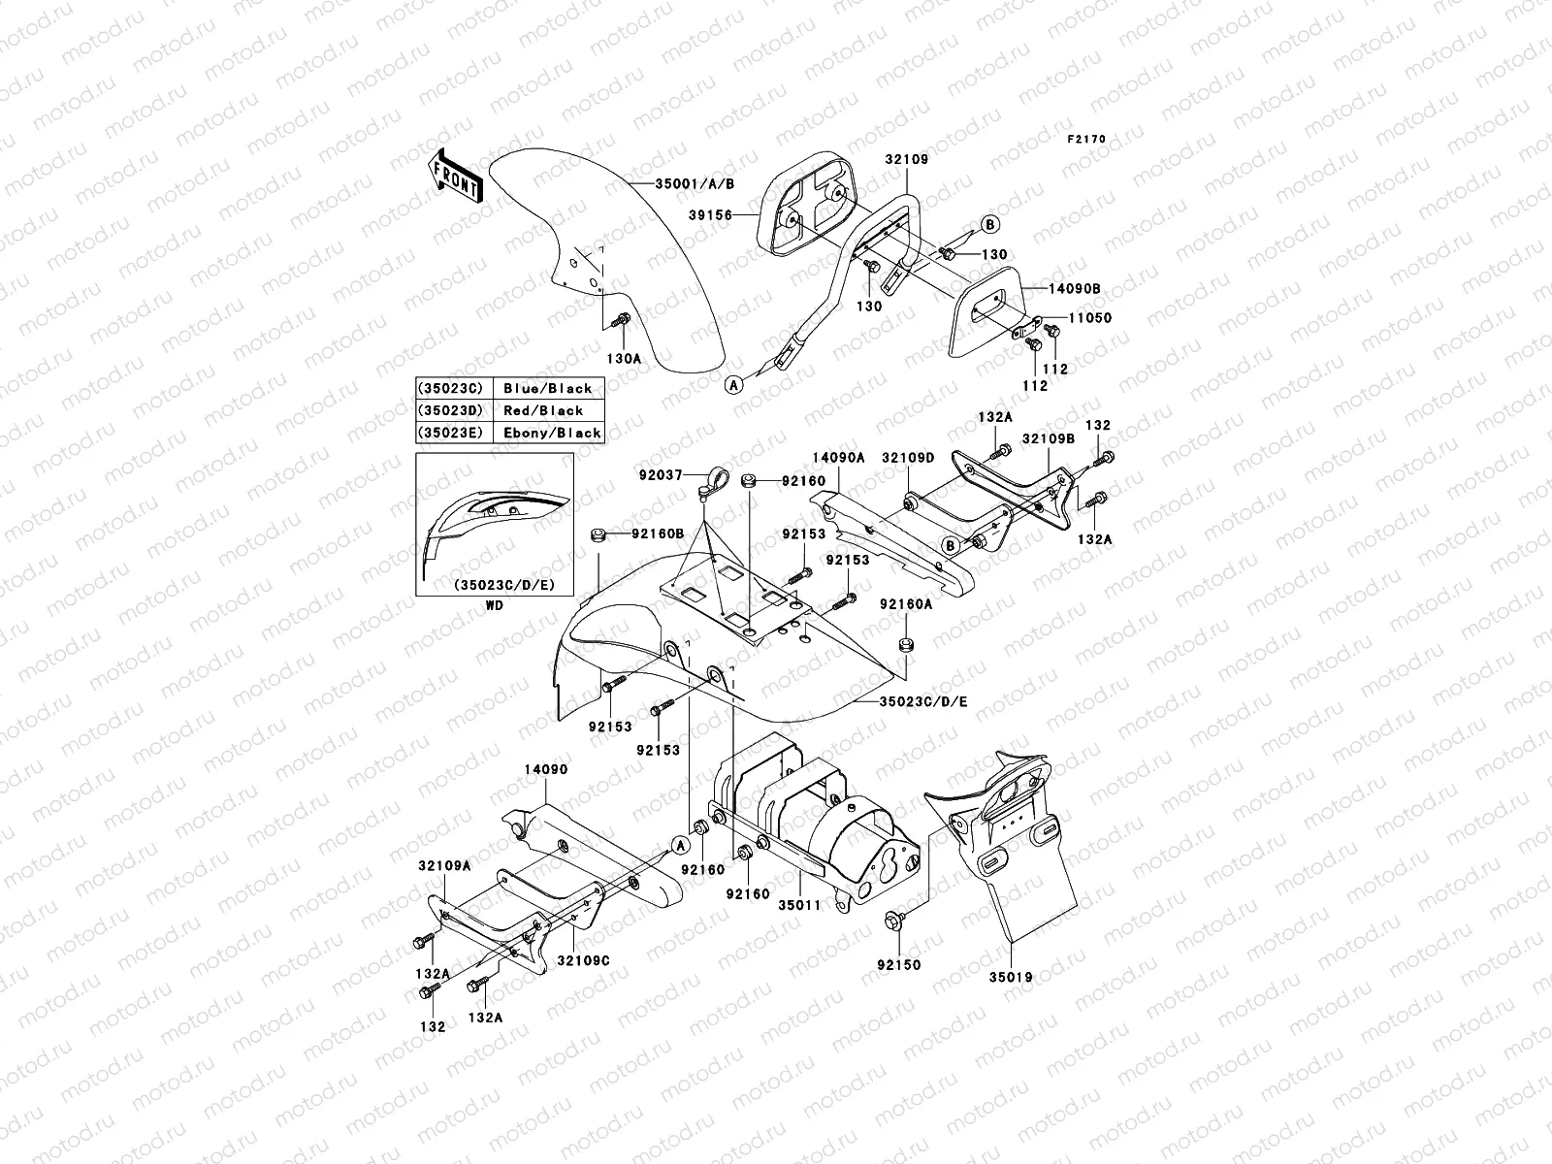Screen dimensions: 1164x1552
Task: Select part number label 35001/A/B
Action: pyautogui.click(x=695, y=183)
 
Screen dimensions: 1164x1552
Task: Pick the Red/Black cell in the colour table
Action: pyautogui.click(x=543, y=410)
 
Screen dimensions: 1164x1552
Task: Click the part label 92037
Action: pyautogui.click(x=663, y=476)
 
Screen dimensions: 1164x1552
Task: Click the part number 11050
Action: pyautogui.click(x=1091, y=318)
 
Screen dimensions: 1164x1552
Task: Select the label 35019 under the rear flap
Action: pyautogui.click(x=1012, y=978)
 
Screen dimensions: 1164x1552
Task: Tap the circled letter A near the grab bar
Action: pyautogui.click(x=734, y=384)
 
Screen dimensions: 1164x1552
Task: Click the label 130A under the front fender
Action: pyautogui.click(x=624, y=358)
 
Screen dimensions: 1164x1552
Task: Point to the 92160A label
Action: pyautogui.click(x=906, y=603)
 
